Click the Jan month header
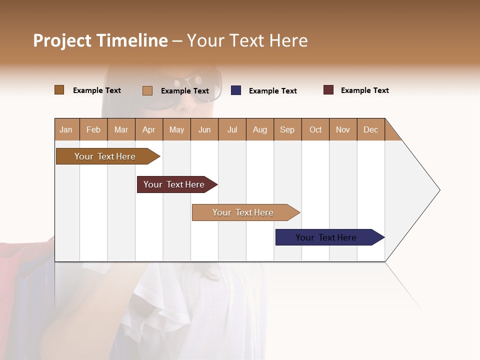point(66,129)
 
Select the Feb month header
point(93,129)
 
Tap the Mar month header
point(121,129)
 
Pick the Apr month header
point(149,129)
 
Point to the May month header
point(176,129)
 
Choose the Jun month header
point(204,129)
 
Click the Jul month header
point(232,129)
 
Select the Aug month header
point(260,129)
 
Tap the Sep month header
point(287,129)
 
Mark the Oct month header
point(315,129)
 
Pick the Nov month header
point(343,129)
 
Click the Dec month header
point(371,129)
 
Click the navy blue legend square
point(236,90)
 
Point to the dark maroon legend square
point(328,90)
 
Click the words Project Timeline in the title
point(100,40)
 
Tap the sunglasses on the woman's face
point(195,90)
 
